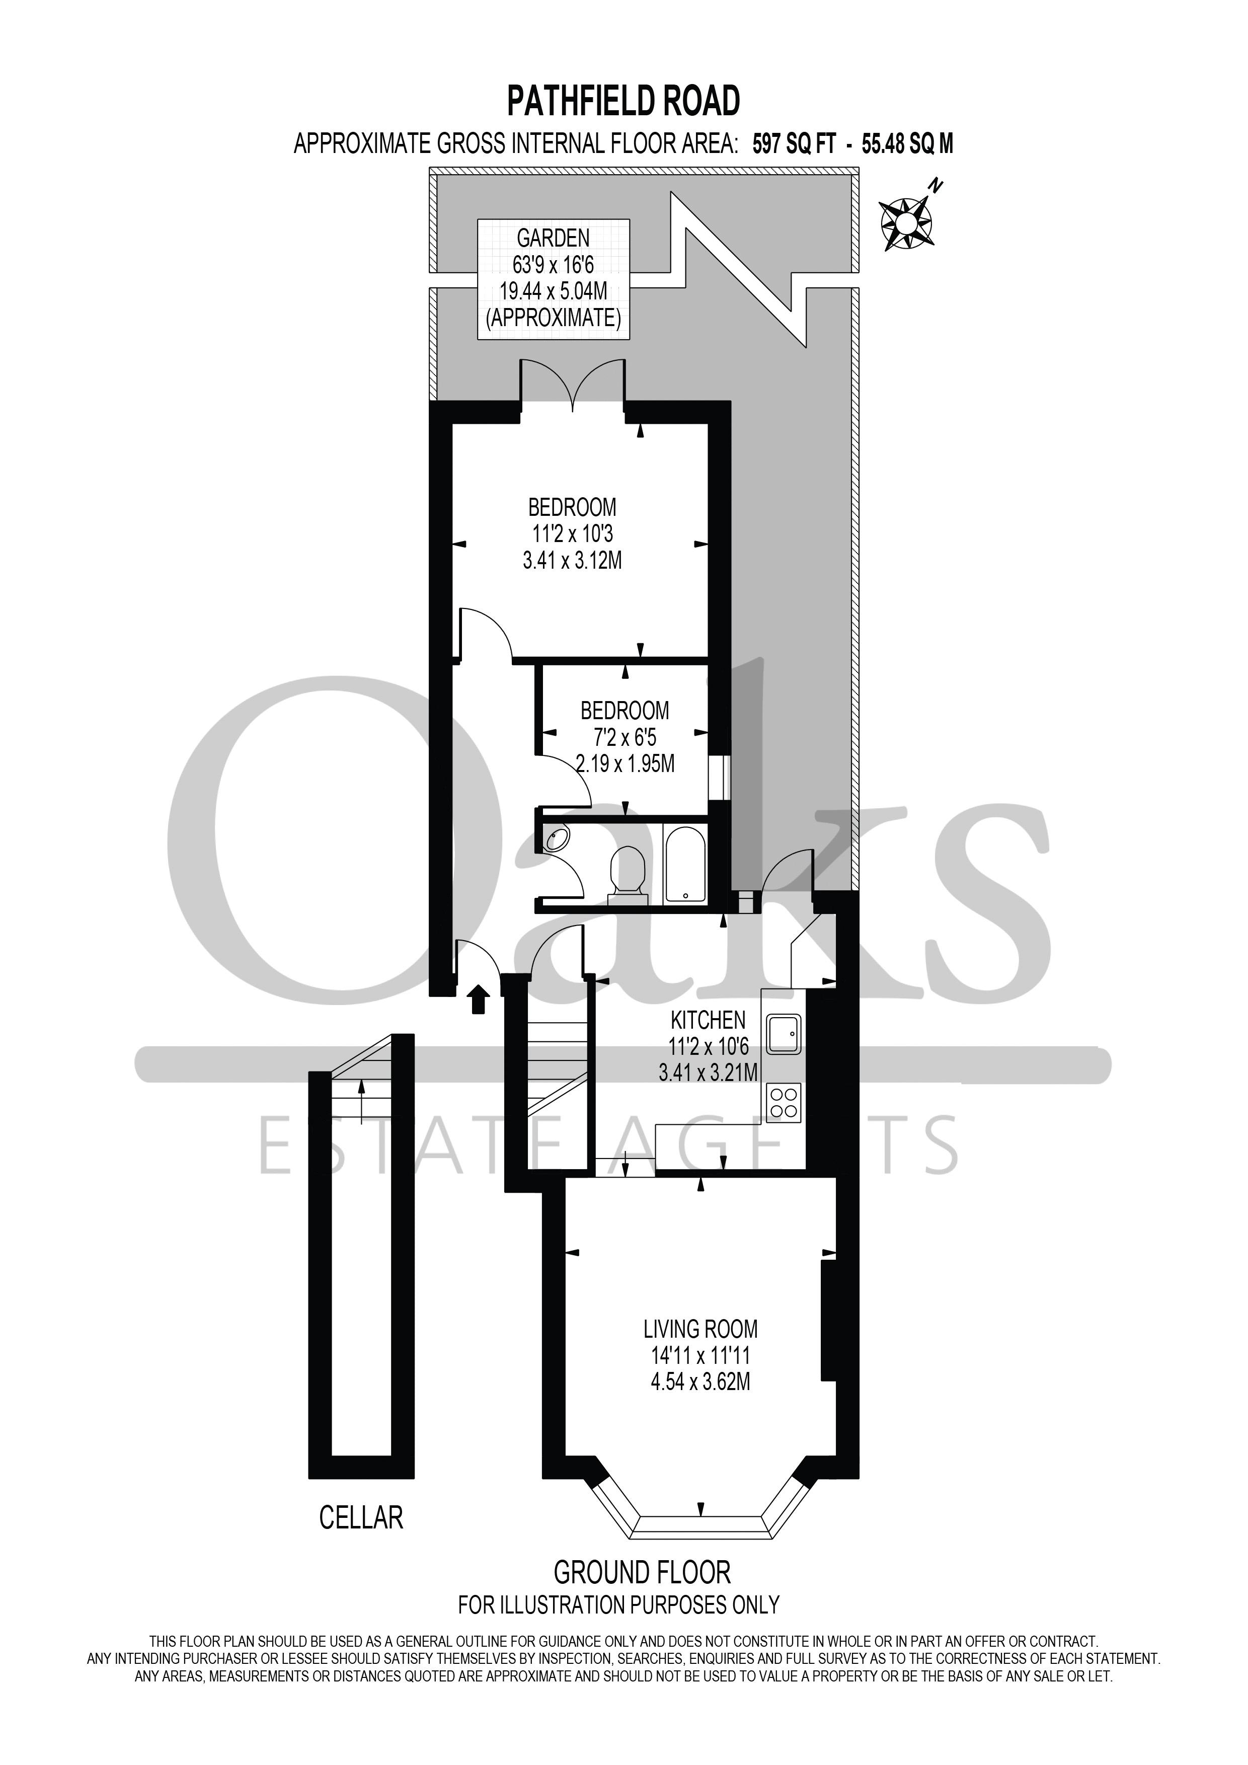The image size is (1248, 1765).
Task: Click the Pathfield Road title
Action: [622, 101]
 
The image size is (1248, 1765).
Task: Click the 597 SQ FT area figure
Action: [793, 144]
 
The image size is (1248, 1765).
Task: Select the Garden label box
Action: [554, 279]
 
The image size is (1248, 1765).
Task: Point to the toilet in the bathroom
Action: [627, 872]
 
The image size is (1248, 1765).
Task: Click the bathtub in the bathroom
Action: [682, 864]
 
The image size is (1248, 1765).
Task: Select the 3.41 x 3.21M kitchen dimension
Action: [708, 1071]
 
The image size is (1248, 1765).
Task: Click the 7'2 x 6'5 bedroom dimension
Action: [624, 737]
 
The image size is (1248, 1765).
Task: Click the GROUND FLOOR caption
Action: [642, 1572]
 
